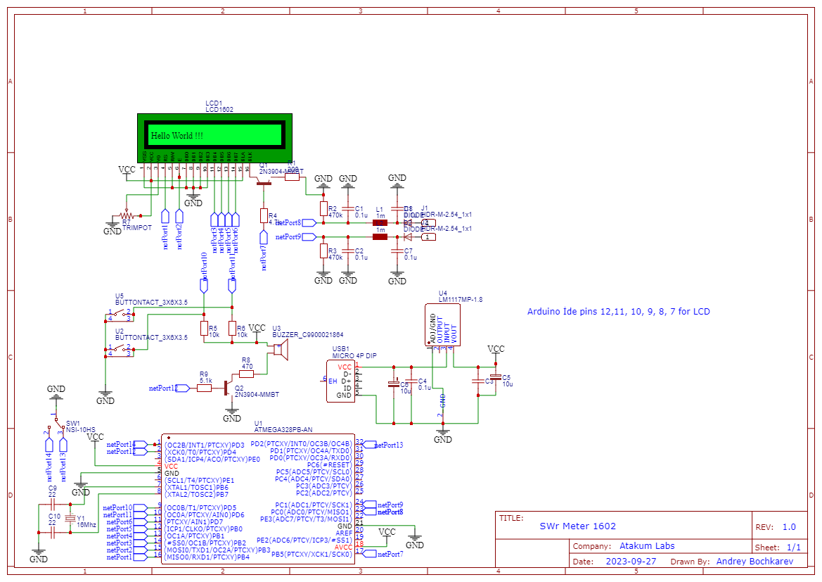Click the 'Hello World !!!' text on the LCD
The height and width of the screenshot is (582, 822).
pyautogui.click(x=177, y=135)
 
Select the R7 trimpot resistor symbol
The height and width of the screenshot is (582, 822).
pyautogui.click(x=127, y=215)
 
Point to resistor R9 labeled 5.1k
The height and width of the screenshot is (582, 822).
pyautogui.click(x=204, y=388)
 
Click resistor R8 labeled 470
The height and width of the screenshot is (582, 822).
pyautogui.click(x=246, y=374)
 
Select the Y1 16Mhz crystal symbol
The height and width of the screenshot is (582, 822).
pyautogui.click(x=70, y=519)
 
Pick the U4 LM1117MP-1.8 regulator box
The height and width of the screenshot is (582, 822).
pyautogui.click(x=442, y=325)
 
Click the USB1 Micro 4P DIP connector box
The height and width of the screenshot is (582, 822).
pyautogui.click(x=340, y=381)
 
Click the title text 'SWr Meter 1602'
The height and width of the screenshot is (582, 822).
pyautogui.click(x=577, y=526)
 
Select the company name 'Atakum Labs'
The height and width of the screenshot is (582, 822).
pyautogui.click(x=646, y=546)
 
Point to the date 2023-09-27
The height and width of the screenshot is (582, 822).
pyautogui.click(x=631, y=562)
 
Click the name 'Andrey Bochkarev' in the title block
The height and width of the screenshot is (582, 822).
pyautogui.click(x=754, y=562)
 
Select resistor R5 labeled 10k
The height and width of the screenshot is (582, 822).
pyautogui.click(x=204, y=329)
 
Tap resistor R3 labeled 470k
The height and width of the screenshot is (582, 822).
pyautogui.click(x=323, y=251)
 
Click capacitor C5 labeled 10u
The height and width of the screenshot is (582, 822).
pyautogui.click(x=496, y=377)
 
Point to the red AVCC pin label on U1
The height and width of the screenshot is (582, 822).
pyautogui.click(x=344, y=547)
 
